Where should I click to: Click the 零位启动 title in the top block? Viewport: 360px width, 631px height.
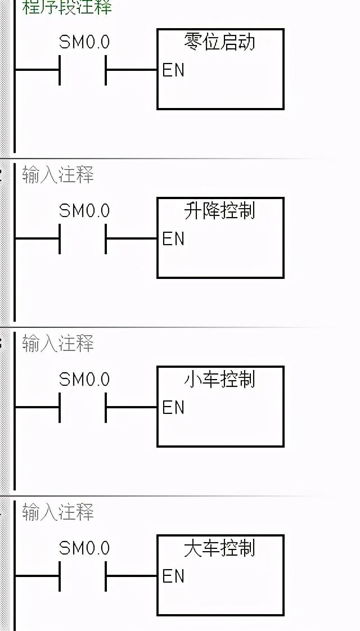click(220, 42)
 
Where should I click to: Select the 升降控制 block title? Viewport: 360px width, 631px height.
click(220, 210)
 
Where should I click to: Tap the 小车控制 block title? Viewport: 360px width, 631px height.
click(220, 379)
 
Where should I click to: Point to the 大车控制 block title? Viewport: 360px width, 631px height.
click(220, 548)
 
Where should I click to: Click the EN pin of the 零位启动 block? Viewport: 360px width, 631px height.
click(173, 70)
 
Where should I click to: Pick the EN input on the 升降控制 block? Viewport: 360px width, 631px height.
click(173, 239)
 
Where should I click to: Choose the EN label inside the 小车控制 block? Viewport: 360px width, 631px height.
click(173, 408)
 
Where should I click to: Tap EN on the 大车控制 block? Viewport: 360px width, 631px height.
click(173, 576)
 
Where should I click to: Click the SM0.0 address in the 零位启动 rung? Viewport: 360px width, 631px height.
click(84, 42)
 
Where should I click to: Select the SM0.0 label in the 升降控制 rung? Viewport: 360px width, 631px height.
click(84, 211)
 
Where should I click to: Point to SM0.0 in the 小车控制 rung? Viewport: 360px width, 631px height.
click(84, 380)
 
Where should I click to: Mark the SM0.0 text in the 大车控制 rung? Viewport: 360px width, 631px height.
click(84, 548)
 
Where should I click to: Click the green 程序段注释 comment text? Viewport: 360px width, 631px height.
click(67, 7)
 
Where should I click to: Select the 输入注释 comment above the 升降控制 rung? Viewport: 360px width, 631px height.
click(58, 175)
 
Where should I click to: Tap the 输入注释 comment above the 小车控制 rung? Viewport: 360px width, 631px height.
click(58, 344)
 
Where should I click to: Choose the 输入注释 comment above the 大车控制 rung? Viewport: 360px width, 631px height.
click(58, 512)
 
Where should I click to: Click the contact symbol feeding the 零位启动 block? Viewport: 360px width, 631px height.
click(83, 70)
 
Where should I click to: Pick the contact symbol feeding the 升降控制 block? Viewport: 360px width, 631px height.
click(83, 239)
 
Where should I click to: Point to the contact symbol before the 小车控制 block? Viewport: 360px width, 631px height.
click(83, 408)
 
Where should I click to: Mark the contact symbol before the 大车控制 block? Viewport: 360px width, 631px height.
click(83, 576)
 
